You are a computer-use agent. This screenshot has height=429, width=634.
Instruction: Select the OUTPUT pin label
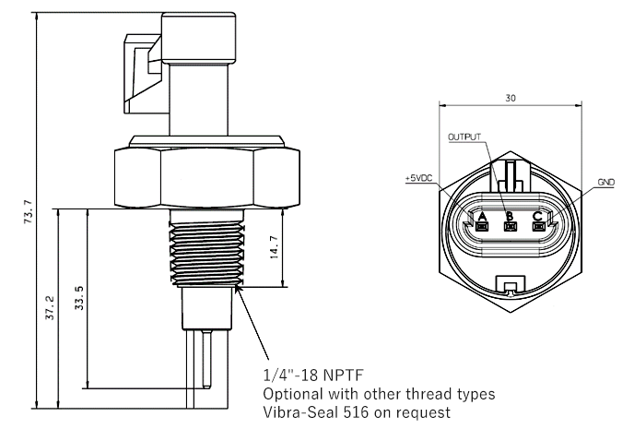465,137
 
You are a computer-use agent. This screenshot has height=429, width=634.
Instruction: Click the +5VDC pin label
418,176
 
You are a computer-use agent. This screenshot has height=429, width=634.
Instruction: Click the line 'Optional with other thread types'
379,394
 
